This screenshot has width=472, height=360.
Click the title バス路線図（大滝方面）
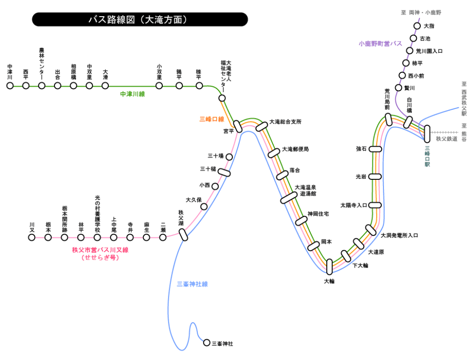click(140, 20)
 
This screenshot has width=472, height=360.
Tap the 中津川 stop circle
click(10, 85)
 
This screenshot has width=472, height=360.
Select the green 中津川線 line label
click(132, 94)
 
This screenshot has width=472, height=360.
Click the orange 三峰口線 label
click(212, 119)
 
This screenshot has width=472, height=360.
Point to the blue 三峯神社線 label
click(192, 284)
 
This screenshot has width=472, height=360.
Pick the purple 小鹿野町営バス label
click(380, 44)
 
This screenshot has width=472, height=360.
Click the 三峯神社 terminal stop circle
click(206, 342)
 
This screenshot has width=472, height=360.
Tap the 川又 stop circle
click(31, 237)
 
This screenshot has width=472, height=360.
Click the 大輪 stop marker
click(329, 266)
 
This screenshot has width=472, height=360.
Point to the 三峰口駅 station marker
click(427, 133)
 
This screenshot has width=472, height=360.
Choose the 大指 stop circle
click(417, 26)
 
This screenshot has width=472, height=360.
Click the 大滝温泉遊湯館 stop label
click(305, 190)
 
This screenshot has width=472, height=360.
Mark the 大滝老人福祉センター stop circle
click(222, 98)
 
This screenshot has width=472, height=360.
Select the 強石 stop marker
click(376, 149)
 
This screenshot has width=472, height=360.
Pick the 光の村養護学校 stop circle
click(97, 237)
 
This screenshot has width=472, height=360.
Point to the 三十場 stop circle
click(229, 157)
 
